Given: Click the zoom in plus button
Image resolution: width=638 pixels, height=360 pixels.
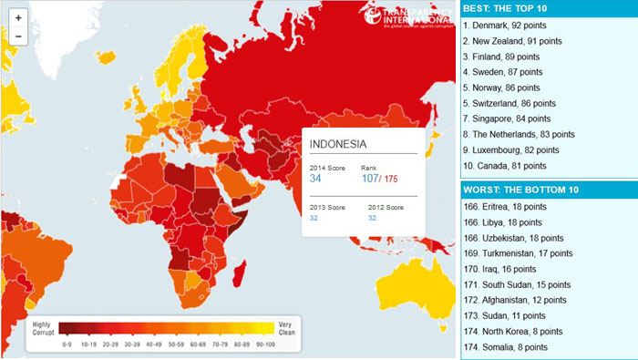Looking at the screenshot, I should (x=19, y=18).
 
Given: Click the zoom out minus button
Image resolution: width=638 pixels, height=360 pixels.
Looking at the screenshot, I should (x=19, y=36).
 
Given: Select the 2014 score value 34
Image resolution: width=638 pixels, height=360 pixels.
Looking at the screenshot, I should (x=315, y=178).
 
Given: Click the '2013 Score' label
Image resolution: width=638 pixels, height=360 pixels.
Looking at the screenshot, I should (x=326, y=208).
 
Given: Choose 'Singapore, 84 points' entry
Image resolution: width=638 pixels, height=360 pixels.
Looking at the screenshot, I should (x=509, y=118).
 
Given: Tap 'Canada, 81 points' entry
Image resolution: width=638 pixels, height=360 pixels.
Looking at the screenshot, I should (x=504, y=165).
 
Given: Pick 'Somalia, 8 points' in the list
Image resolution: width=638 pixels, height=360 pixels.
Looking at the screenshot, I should (x=506, y=346).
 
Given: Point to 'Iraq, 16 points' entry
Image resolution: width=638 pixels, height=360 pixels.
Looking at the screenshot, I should (x=499, y=269).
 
